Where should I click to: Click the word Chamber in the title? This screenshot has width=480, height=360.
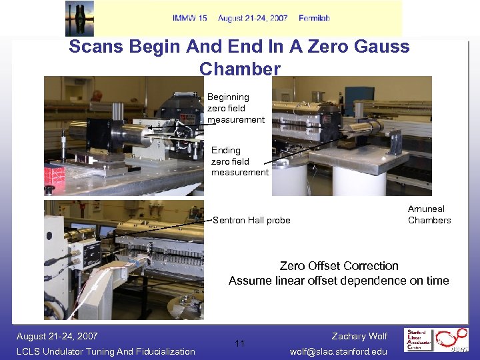tap(239, 69)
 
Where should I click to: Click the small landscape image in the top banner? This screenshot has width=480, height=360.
tap(79, 19)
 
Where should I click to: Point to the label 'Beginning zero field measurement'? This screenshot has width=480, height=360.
tap(235, 108)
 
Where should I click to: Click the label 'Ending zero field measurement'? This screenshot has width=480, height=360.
tap(239, 161)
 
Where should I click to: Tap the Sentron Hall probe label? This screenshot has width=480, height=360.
tap(251, 221)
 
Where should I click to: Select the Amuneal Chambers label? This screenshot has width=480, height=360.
tap(429, 215)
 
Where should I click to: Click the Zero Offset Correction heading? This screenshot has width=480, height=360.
tap(339, 266)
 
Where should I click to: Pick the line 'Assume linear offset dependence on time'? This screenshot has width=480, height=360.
tap(339, 281)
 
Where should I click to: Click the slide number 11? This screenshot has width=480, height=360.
tap(240, 344)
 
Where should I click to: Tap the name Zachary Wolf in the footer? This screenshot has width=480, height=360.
tap(359, 336)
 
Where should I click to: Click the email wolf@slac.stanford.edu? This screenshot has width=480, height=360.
tap(339, 351)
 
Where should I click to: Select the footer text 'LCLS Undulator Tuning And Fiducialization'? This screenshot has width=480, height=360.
tap(106, 351)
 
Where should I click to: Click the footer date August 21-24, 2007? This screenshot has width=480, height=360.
tap(57, 336)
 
